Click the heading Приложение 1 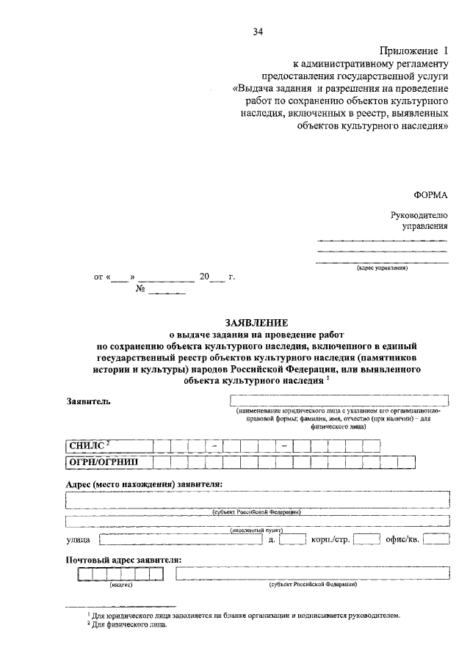point(413,51)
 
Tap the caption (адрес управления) point(382,269)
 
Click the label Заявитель point(87,403)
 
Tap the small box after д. point(292,540)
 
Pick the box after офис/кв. point(437,540)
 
